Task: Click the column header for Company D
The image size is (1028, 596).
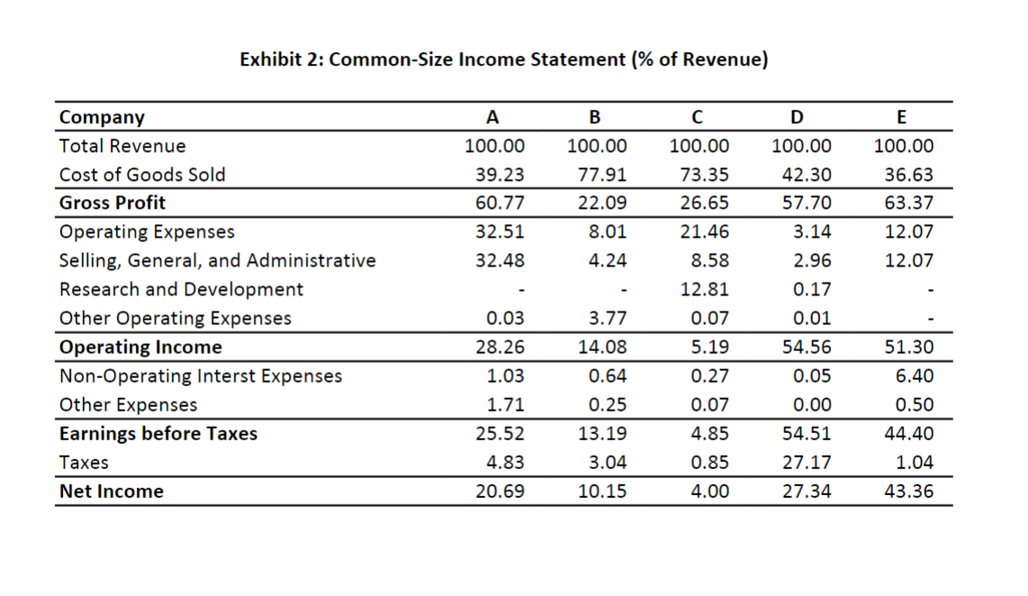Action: [x=795, y=117]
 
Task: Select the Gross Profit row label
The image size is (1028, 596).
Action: [x=113, y=203]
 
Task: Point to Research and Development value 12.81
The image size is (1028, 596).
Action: [x=707, y=290]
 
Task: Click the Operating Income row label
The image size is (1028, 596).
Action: [x=140, y=348]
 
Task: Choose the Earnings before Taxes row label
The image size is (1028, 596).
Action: [x=158, y=434]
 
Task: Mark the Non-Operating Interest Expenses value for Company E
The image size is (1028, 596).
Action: [x=915, y=376]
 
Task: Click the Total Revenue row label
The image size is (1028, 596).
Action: [x=122, y=146]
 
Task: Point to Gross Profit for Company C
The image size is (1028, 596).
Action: [x=707, y=203]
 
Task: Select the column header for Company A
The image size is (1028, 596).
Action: [x=491, y=117]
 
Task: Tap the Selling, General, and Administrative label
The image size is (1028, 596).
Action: [x=218, y=261]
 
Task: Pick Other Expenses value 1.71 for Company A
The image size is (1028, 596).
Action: [x=506, y=405]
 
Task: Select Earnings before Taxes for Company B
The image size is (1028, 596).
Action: [x=604, y=434]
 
